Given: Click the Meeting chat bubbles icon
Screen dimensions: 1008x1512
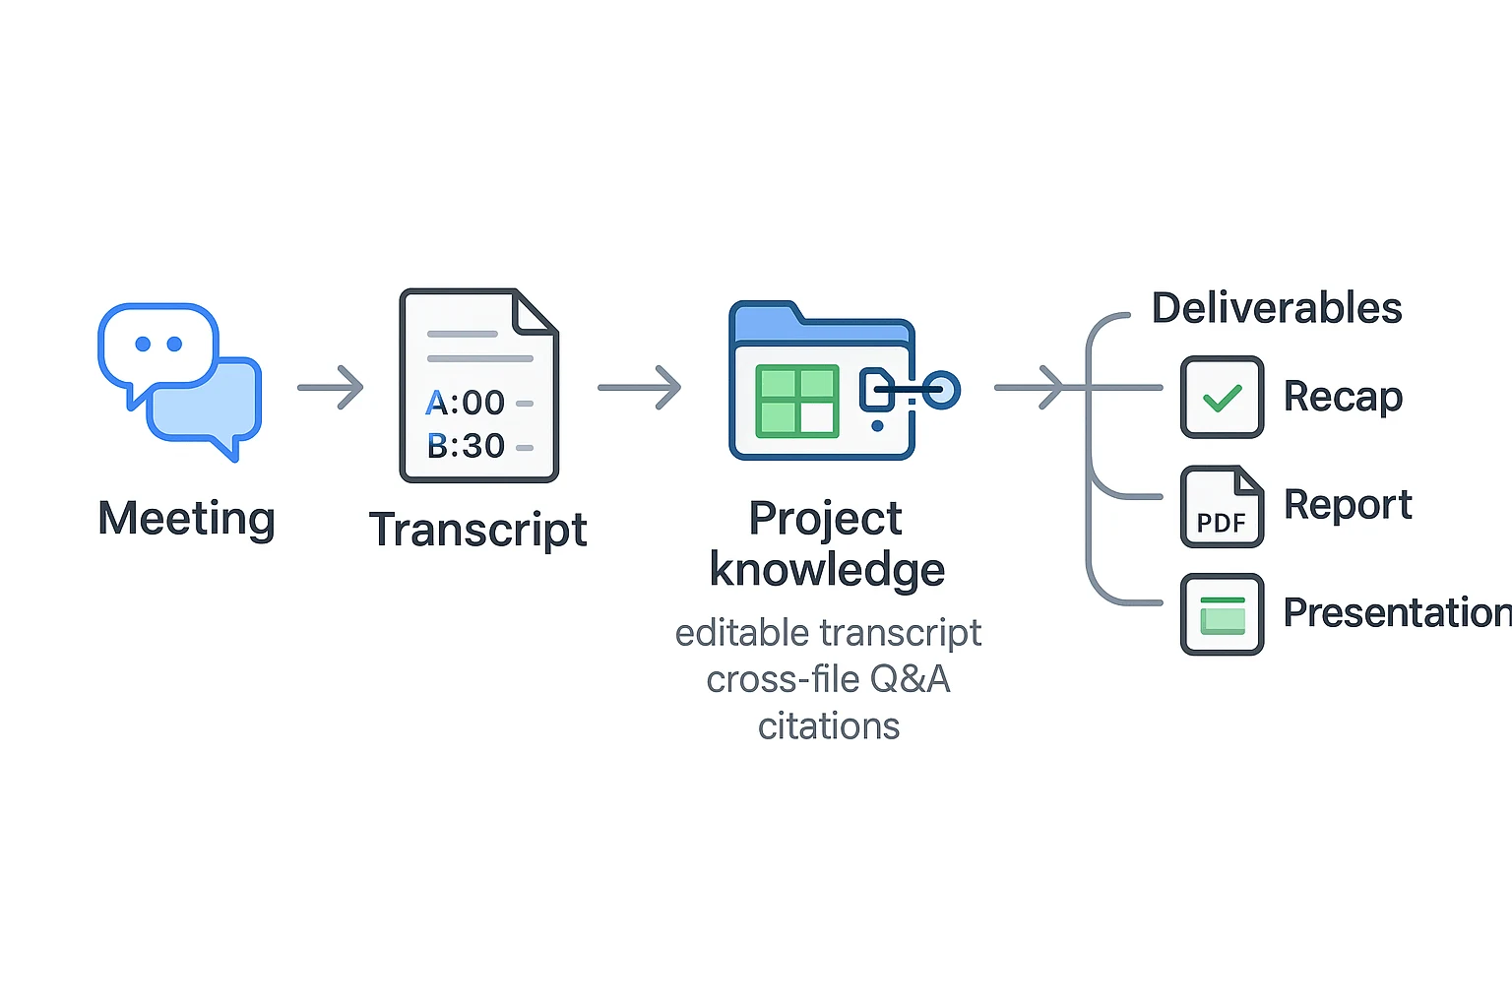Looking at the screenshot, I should coord(179,380).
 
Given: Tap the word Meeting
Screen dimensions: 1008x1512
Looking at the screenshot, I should coord(186,519).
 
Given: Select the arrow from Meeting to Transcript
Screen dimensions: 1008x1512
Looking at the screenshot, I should coord(331,388).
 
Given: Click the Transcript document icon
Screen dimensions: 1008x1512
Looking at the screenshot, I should coord(478,385).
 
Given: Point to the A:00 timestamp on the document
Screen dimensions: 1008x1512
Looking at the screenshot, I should coord(466,403).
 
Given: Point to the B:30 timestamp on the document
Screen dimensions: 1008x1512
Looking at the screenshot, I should coord(466,446).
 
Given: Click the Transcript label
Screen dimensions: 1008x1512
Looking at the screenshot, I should coord(477,530).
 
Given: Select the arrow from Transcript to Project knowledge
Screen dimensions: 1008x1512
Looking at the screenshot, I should coord(640,388).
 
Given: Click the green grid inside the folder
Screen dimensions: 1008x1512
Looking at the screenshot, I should coord(796,401).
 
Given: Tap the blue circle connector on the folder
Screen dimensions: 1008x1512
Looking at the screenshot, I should coord(941,390).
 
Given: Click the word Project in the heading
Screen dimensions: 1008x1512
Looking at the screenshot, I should coord(825,519).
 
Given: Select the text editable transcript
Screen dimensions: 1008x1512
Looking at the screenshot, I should coord(828,633).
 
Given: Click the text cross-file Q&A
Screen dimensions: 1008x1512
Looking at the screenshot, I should coord(828,679).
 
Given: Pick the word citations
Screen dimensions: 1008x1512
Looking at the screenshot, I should coord(828,726).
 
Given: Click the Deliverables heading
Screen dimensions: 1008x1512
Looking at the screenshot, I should coord(1277,308).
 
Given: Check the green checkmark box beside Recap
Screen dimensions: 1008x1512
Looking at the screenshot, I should coord(1222,398).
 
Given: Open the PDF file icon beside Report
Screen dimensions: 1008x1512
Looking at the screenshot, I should coord(1222,507).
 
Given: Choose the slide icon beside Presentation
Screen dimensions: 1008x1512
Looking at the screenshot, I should coord(1222,614).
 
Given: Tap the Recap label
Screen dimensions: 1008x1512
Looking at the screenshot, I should coord(1343,397).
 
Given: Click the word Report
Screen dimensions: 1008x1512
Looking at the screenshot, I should coord(1348,505).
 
